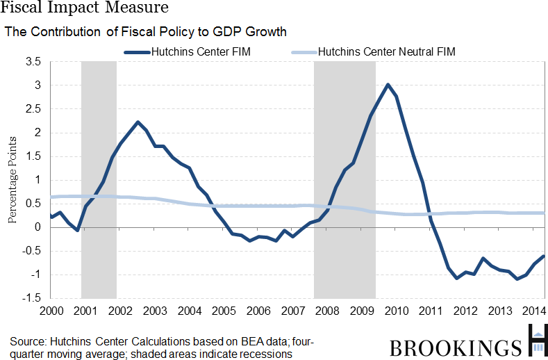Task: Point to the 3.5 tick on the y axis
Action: pos(33,62)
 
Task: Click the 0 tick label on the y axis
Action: pos(38,227)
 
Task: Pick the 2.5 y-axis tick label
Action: pos(33,109)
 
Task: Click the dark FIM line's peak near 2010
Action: pos(388,85)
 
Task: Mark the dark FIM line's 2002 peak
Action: pos(138,122)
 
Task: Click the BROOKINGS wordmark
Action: pos(455,347)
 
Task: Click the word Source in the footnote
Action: pos(26,341)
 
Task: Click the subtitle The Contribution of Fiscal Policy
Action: pos(145,32)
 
